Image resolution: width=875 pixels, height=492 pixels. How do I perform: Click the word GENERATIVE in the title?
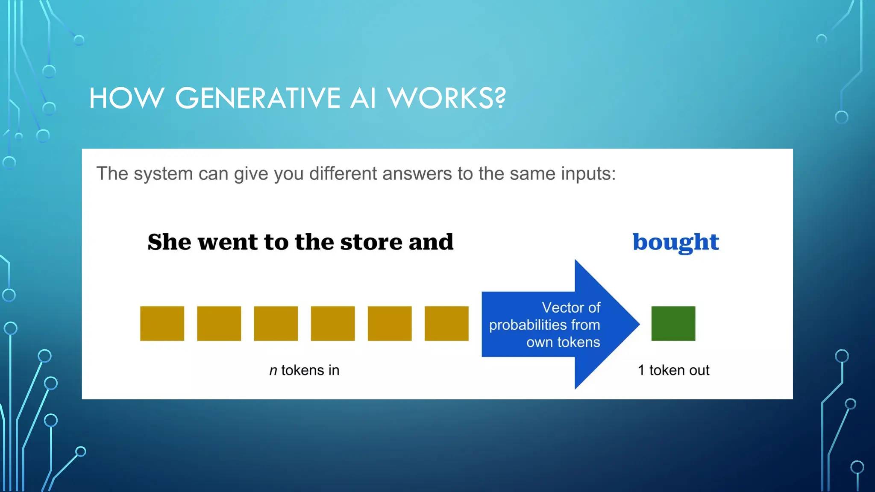tap(258, 98)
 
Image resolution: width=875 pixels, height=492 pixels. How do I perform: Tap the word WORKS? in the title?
tap(446, 98)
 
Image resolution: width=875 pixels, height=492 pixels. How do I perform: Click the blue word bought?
tap(675, 242)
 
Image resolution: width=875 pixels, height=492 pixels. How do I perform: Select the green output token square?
tap(673, 323)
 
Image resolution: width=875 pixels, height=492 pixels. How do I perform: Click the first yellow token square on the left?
tap(162, 323)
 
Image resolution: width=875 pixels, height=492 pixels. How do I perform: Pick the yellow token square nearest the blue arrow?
tap(446, 323)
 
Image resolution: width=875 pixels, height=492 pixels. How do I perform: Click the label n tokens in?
tap(304, 370)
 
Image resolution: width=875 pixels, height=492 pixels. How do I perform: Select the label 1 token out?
tap(673, 370)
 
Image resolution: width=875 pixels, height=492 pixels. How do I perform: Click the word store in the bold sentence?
tap(371, 242)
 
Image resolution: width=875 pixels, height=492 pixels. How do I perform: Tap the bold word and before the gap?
tap(431, 242)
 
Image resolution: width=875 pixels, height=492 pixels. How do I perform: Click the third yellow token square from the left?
tap(276, 323)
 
